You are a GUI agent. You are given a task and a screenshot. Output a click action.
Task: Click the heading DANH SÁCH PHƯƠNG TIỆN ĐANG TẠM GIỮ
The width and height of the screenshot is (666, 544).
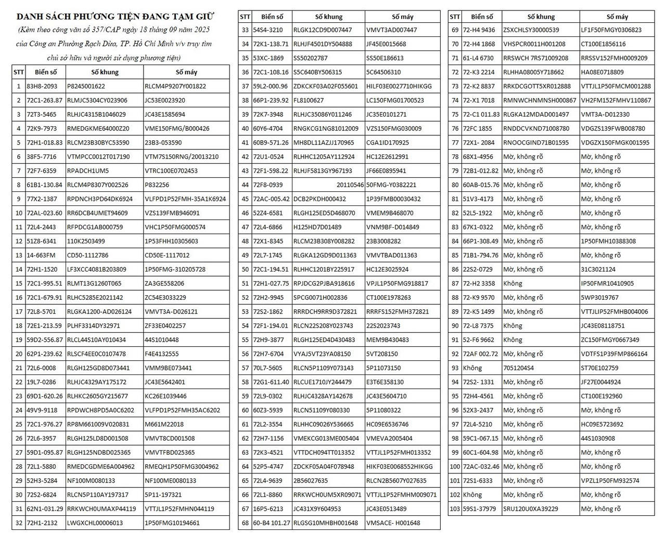(115, 17)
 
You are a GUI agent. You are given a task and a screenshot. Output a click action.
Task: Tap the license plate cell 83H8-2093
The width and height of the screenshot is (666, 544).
(42, 86)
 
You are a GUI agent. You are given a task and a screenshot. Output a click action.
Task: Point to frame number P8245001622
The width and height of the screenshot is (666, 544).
(86, 86)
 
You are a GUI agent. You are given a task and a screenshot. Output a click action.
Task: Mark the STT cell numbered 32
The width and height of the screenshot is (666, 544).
(19, 523)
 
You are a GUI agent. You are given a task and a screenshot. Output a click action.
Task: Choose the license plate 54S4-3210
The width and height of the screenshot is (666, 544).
(268, 30)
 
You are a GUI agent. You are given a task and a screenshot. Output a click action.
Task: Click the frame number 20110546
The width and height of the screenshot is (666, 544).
(350, 185)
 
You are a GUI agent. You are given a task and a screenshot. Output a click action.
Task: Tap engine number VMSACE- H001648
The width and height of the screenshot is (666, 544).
(393, 523)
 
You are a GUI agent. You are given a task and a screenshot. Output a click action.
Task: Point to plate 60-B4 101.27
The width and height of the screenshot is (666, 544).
(272, 523)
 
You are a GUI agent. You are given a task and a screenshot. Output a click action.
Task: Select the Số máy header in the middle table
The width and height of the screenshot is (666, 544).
(402, 17)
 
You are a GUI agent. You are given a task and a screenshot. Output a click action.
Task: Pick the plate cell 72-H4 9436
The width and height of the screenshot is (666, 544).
(479, 30)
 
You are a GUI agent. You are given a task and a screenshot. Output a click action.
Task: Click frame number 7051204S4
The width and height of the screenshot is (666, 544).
(518, 368)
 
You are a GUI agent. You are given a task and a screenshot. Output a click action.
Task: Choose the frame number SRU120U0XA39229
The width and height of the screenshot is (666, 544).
(530, 509)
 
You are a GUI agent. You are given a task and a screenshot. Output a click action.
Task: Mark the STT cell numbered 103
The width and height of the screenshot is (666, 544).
(455, 509)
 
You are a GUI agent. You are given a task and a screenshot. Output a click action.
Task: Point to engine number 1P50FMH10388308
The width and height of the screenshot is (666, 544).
(608, 241)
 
